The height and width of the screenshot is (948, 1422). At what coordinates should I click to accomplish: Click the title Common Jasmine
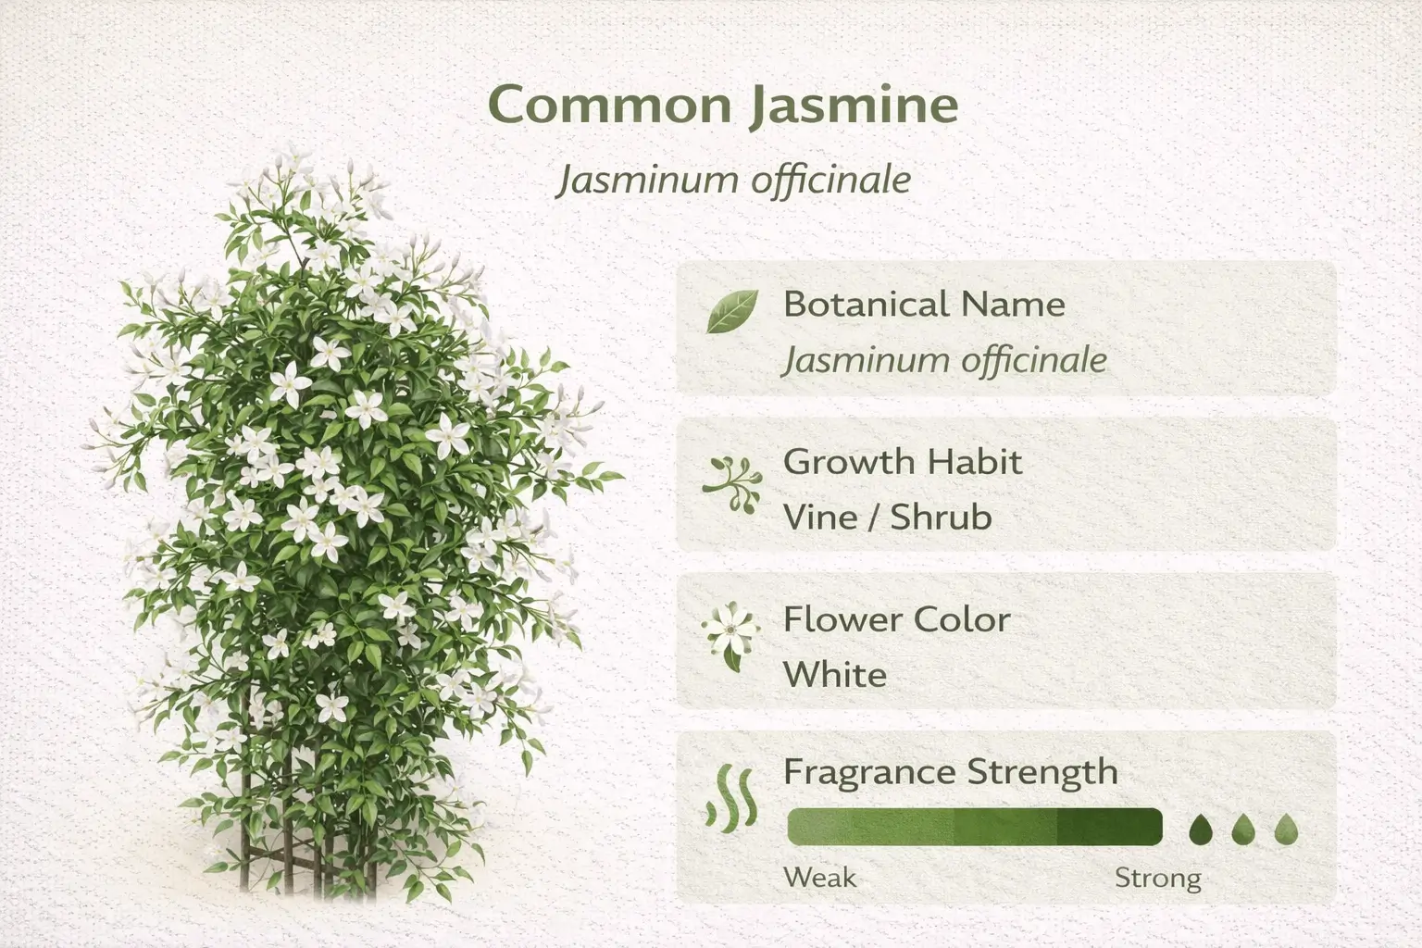722,104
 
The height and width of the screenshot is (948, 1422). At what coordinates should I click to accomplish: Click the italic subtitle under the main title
733,179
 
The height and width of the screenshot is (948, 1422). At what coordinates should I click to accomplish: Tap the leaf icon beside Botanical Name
731,311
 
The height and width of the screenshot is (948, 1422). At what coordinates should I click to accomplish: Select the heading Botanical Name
924,304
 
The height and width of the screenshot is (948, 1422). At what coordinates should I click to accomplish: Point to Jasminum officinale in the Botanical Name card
944,359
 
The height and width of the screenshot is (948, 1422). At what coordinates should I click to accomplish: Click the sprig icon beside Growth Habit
731,483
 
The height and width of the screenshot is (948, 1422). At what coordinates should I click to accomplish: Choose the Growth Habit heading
903,461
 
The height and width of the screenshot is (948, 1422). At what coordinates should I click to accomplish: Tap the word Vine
820,517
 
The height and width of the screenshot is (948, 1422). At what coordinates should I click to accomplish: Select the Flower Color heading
896,618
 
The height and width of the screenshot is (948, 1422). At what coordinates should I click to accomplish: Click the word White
834,674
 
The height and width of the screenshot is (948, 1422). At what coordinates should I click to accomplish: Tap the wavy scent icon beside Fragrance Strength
731,796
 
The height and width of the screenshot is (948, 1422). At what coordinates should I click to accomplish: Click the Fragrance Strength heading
951,771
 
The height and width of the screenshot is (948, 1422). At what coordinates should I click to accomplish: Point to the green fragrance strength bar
974,827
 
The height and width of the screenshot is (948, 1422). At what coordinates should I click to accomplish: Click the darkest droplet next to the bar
1201,829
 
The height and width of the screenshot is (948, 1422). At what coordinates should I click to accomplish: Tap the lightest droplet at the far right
1286,829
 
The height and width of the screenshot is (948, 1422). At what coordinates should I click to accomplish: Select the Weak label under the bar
820,877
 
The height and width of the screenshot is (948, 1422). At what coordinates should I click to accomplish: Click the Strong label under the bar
1157,877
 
